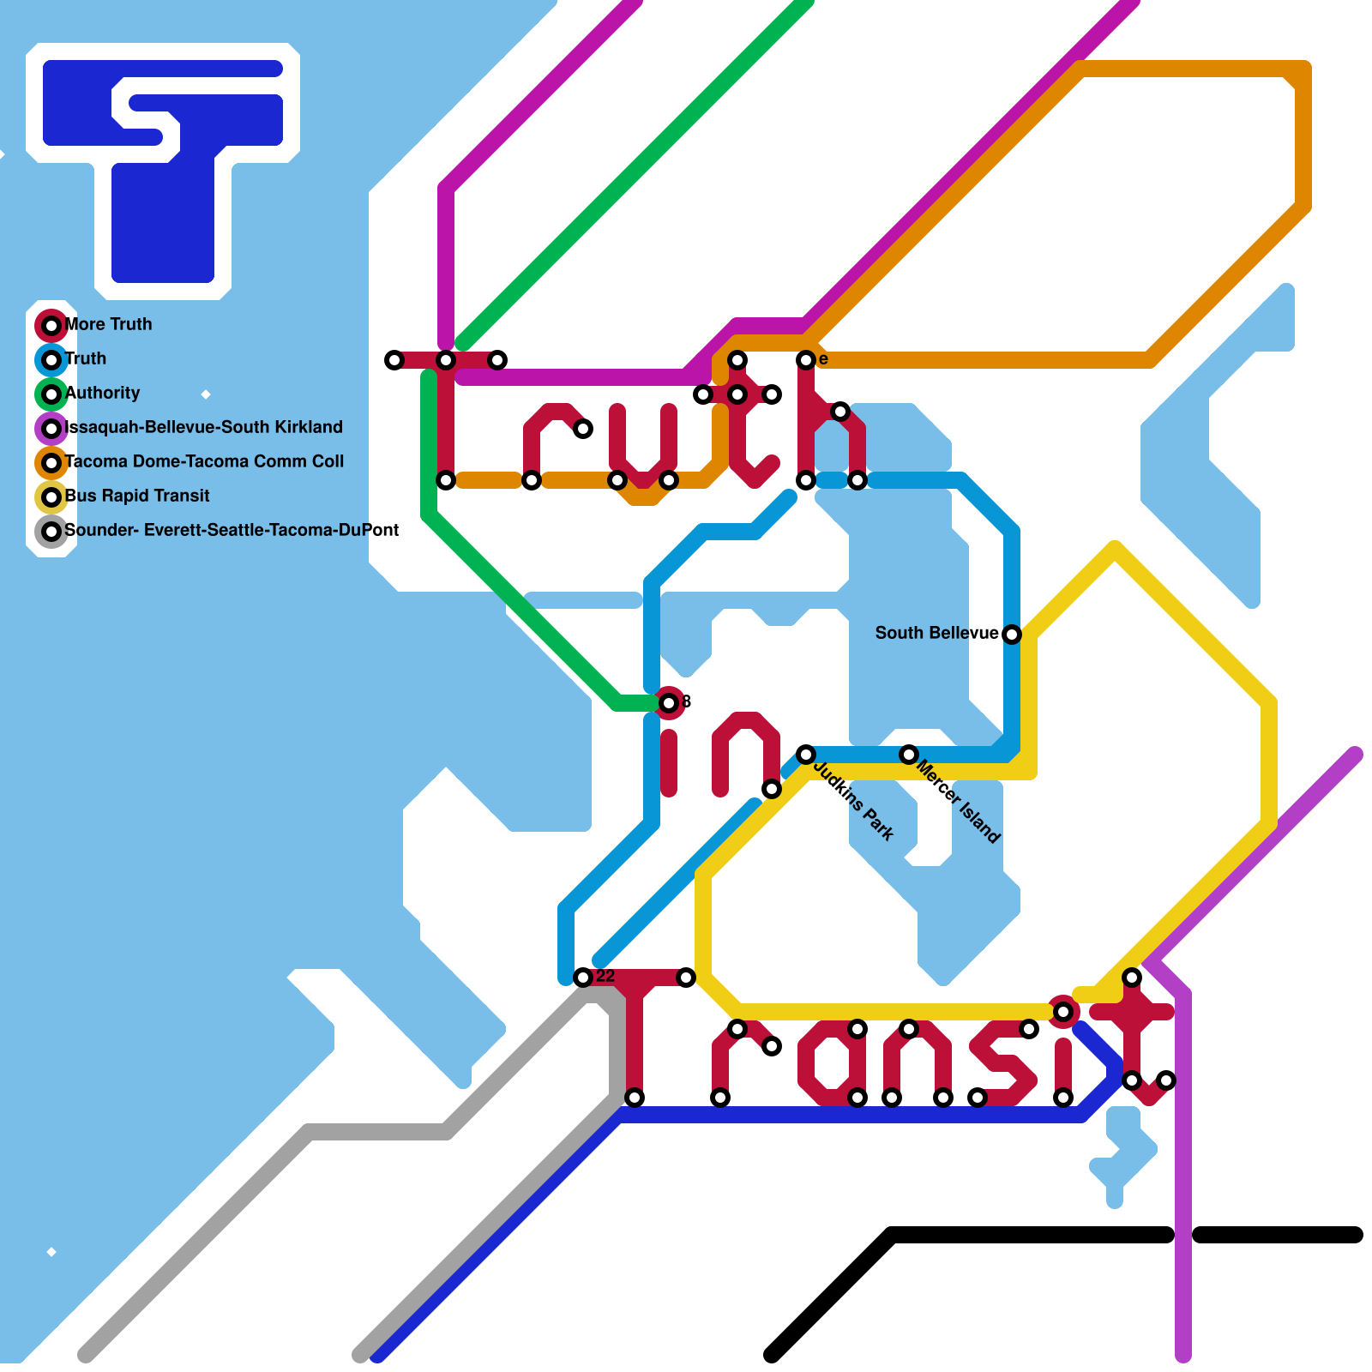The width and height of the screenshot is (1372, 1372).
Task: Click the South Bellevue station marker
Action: (x=1012, y=635)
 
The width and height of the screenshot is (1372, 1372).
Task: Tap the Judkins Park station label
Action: (x=854, y=801)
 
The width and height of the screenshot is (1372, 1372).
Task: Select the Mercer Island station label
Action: (x=958, y=801)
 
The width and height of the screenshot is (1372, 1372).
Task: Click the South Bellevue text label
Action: (x=936, y=633)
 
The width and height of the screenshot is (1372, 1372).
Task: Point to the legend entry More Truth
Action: (x=109, y=324)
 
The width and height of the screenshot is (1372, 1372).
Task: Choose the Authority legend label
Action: (x=103, y=393)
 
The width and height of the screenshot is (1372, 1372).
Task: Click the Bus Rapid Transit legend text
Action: (x=137, y=496)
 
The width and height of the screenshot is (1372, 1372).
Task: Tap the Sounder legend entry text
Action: (x=232, y=530)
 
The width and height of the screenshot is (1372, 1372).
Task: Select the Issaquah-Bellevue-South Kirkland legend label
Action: (x=204, y=427)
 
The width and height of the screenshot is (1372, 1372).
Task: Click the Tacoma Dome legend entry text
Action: (x=204, y=461)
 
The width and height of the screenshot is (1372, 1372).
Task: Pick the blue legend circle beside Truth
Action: (x=51, y=360)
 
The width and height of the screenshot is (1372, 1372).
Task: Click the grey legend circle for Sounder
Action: (x=51, y=532)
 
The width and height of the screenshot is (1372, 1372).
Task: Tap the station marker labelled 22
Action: (x=583, y=978)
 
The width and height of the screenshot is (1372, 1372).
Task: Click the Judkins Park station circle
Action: (x=805, y=755)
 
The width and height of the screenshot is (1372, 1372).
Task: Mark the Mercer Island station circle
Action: (x=909, y=755)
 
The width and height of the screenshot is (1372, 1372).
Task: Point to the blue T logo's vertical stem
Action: (x=163, y=223)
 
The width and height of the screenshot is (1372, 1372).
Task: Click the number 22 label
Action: (x=605, y=976)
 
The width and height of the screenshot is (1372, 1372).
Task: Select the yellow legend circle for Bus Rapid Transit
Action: (x=51, y=497)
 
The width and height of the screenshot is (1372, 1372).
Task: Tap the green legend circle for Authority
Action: (x=51, y=394)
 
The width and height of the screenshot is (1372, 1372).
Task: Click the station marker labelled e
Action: (x=805, y=360)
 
